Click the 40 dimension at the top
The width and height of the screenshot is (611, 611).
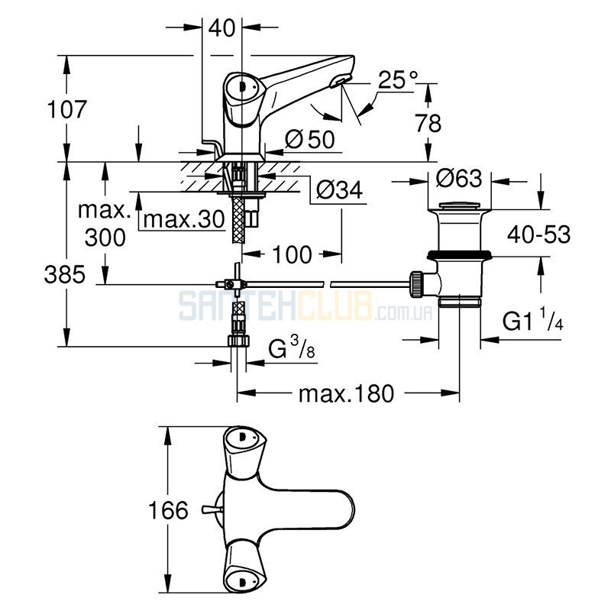coord(221,28)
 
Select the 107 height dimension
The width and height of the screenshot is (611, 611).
coord(66,109)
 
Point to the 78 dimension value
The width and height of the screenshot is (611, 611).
coord(428,123)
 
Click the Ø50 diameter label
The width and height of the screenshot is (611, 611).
coord(309,139)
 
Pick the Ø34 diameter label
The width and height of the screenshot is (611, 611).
coord(339,189)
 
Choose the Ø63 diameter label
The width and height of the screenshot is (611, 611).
coord(459,179)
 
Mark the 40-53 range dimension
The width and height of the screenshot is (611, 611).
coord(538,234)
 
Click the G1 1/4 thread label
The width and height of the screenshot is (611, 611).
coord(532,320)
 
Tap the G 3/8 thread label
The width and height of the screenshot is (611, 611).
coord(292,348)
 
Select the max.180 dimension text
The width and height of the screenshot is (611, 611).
coord(347,393)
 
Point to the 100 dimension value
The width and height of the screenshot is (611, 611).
coord(292,255)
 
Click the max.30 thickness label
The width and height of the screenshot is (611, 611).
coord(184,219)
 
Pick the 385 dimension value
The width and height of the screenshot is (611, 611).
coord(64,274)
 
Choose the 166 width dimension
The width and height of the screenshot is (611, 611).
coord(168,510)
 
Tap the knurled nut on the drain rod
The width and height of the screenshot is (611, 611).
coord(416,284)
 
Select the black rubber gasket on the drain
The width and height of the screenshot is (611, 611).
coord(459,255)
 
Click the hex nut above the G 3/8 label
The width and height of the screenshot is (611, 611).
coord(238,340)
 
